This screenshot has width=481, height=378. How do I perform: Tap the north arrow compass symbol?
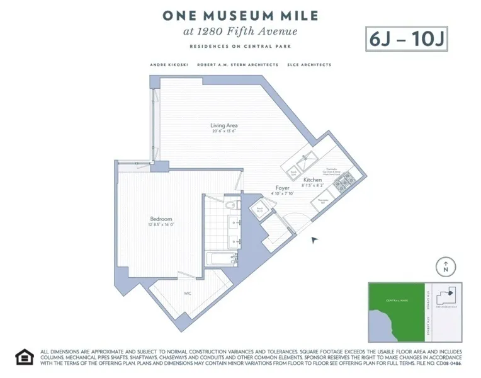(446, 266)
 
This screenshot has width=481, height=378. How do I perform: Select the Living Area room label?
(224, 125)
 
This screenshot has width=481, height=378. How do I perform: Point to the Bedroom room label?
(161, 219)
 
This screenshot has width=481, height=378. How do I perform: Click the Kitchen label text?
(313, 180)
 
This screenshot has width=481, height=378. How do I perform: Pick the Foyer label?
(281, 188)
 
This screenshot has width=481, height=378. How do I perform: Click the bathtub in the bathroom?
(221, 258)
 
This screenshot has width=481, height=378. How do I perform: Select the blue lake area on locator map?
(378, 325)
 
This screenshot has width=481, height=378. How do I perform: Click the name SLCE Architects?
(309, 65)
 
